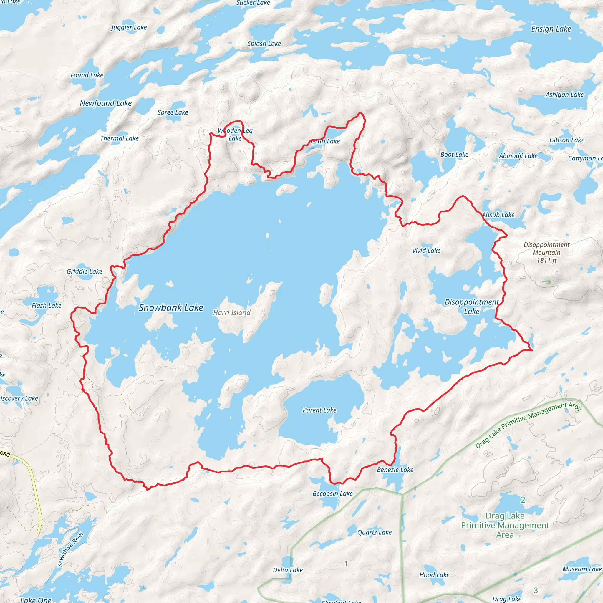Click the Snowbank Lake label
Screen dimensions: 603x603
171,308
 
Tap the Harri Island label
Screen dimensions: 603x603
232,312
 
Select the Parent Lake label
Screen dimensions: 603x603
319,410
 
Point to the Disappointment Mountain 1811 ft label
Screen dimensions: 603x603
546,253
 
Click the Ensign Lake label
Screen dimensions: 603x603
551,29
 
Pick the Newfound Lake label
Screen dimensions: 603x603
105,103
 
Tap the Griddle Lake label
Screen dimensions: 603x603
84,271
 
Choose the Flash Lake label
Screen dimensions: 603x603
47,306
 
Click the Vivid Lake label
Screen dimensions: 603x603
426,251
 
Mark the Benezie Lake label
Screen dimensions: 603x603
395,470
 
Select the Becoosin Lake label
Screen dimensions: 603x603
332,493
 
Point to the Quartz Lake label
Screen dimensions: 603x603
374,532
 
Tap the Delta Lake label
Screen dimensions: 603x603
288,570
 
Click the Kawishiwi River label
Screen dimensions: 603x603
70,549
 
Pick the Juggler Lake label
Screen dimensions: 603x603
129,27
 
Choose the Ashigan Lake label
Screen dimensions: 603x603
564,95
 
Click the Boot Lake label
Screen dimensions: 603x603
454,155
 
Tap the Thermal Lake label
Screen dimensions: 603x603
119,138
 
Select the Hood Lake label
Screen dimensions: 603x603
434,575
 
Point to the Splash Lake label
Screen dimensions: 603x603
264,44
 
